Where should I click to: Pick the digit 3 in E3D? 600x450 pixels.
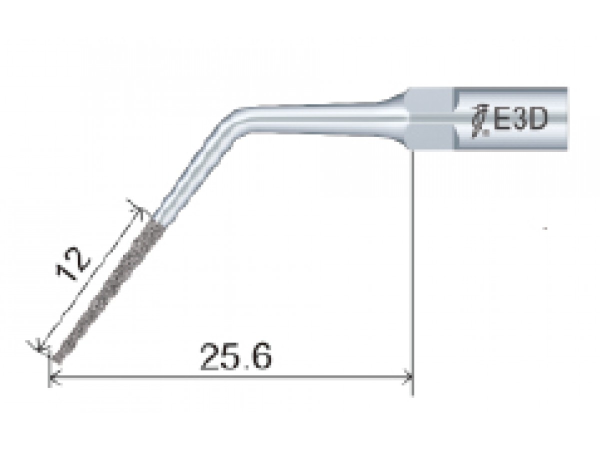517,120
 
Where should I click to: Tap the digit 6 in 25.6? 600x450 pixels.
262,355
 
